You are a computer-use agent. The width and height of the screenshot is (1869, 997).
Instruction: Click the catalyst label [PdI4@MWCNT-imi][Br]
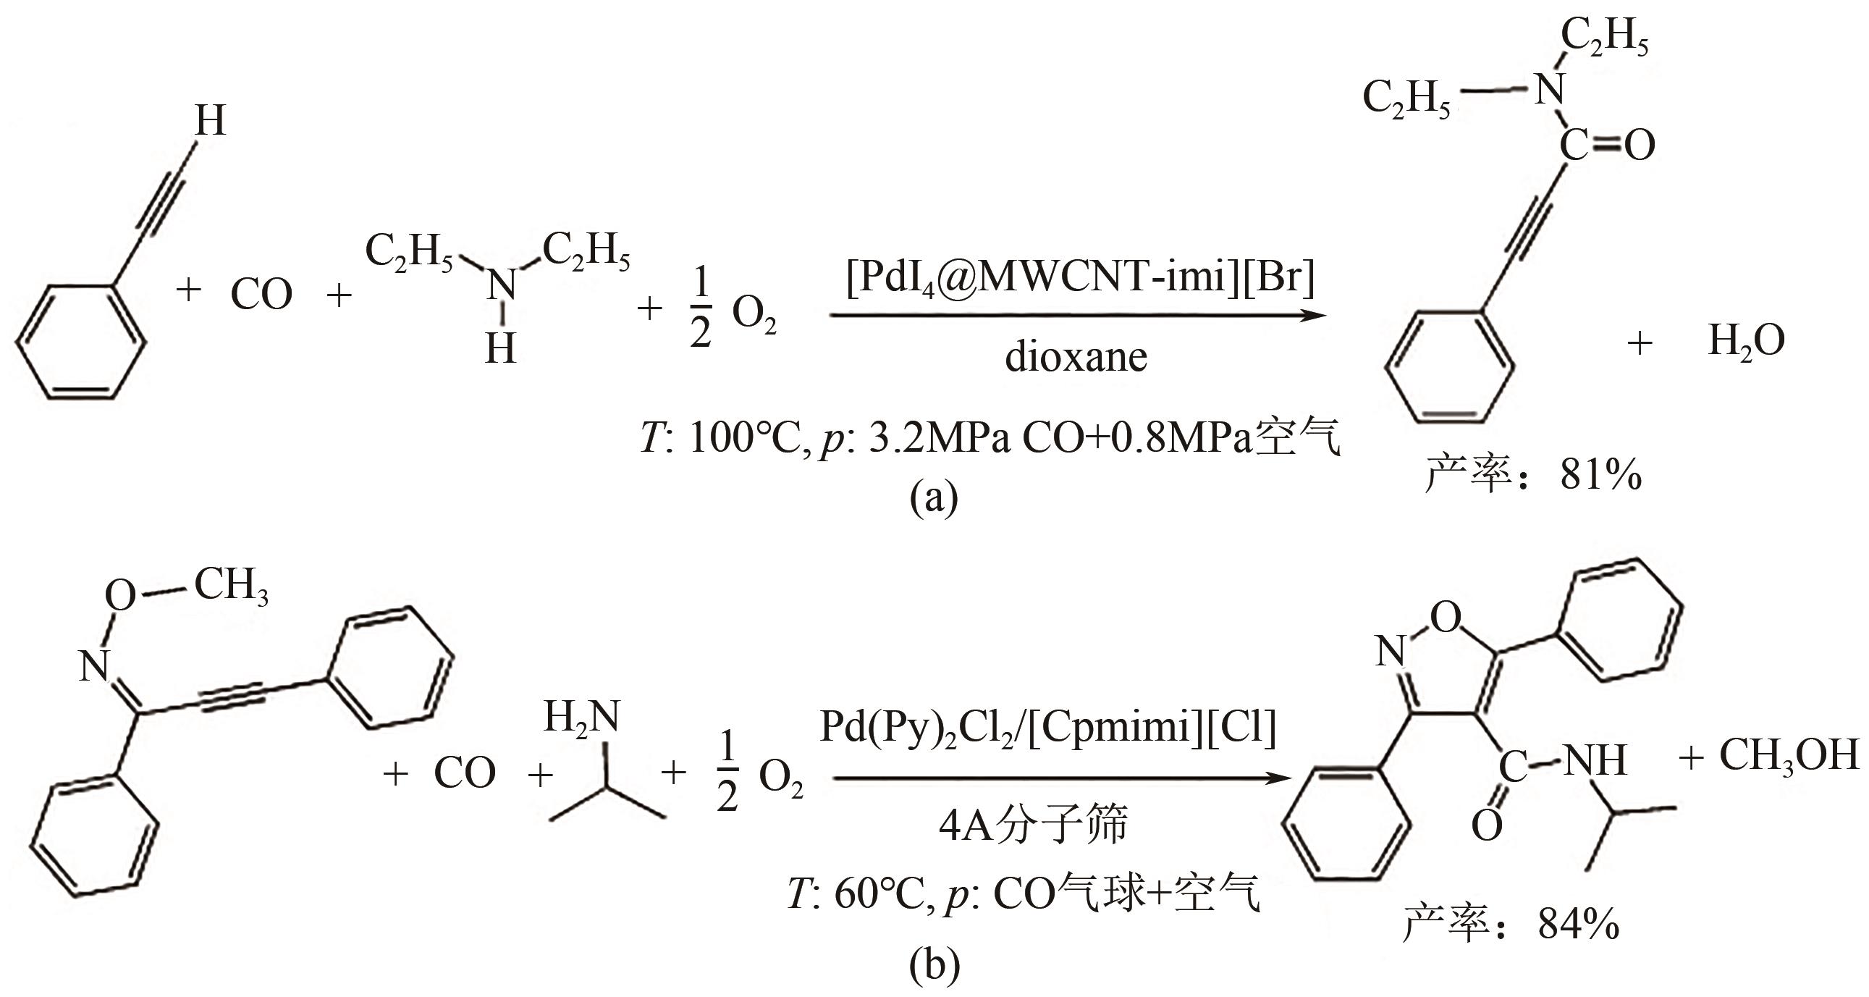[x=1079, y=277]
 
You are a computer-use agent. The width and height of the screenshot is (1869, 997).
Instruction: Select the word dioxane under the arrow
[x=1076, y=357]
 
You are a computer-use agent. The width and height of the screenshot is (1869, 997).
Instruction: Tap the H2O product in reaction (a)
[x=1747, y=341]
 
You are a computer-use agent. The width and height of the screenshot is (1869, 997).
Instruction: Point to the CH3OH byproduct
[x=1789, y=756]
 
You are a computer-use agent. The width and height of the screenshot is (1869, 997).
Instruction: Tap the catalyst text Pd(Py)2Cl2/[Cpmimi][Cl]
[x=1047, y=727]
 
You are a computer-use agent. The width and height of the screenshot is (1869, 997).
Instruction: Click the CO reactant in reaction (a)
[x=261, y=294]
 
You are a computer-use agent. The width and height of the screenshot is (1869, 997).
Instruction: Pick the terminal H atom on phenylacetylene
[x=211, y=120]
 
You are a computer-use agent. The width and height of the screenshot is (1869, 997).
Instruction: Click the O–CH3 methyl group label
[x=231, y=585]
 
